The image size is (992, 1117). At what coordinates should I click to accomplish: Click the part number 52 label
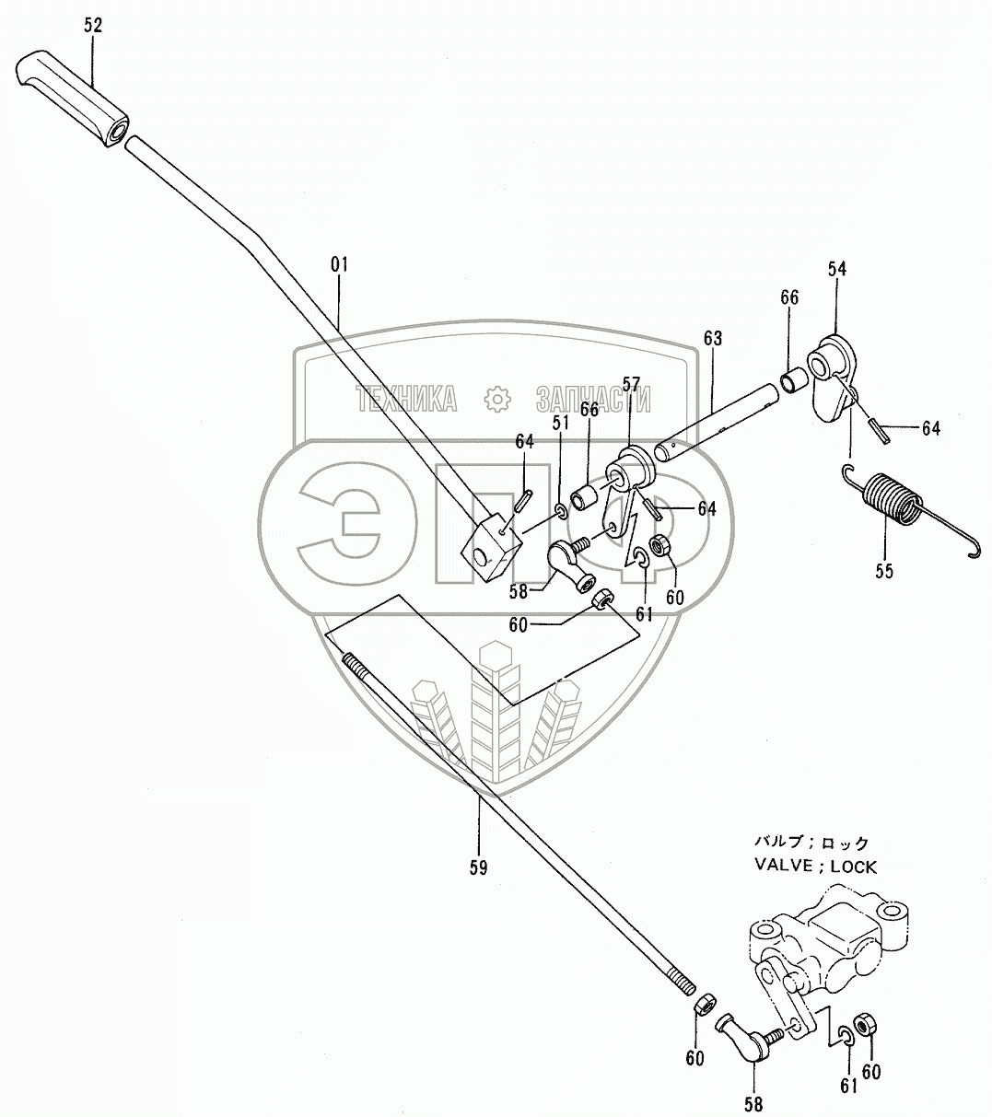[x=93, y=25]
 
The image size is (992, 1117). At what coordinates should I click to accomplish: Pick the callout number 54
[x=836, y=269]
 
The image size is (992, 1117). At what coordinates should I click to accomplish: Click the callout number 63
[x=713, y=339]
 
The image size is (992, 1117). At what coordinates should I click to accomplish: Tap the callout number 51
[x=559, y=423]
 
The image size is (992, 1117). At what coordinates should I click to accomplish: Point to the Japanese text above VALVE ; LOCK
[x=811, y=842]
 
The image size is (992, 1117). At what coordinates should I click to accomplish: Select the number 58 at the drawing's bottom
[x=753, y=1105]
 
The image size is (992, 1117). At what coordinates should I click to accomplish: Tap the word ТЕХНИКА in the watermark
[x=407, y=399]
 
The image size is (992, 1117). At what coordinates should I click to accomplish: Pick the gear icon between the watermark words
[x=496, y=399]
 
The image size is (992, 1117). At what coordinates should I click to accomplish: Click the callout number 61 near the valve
[x=847, y=1085]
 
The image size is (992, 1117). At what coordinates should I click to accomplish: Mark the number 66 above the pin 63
[x=789, y=297]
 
